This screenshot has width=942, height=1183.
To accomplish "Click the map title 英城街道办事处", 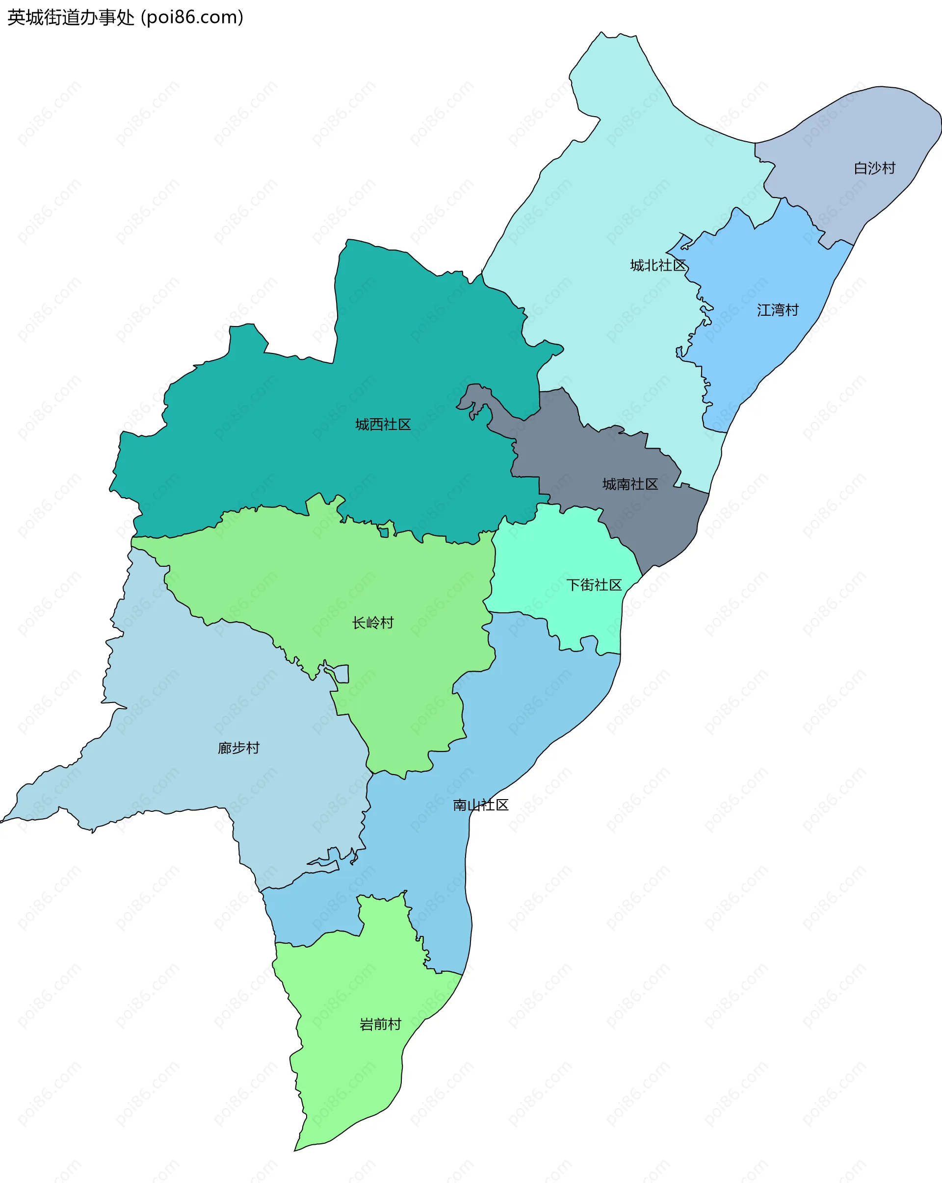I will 70,18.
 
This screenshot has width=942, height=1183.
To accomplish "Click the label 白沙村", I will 874,168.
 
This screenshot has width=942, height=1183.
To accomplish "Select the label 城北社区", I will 657,266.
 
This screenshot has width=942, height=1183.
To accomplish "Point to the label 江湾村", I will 777,310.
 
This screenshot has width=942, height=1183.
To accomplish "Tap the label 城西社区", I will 383,424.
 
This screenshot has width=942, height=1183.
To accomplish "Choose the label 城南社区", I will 629,484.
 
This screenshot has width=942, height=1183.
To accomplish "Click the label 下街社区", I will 594,585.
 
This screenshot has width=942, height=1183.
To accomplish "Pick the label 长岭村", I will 373,623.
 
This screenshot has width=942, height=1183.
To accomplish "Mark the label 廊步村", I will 238,748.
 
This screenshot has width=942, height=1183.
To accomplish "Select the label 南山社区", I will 480,805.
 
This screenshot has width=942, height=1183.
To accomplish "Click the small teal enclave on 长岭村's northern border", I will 385,532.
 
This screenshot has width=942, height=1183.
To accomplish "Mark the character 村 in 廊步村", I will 253,748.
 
